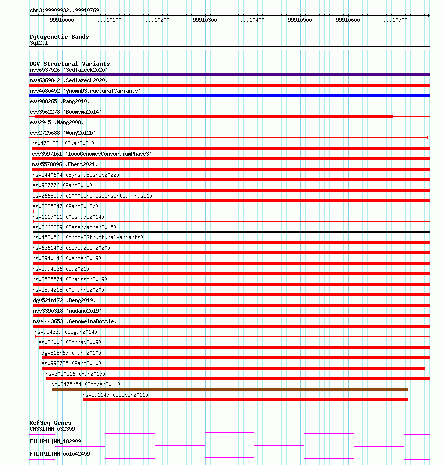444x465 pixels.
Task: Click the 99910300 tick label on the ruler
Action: (x=205, y=20)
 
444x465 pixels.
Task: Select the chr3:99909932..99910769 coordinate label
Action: (x=64, y=10)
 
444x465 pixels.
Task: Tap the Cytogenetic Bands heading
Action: (x=59, y=37)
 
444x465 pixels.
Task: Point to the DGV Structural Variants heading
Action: (x=70, y=64)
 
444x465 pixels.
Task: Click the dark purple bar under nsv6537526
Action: (x=229, y=75)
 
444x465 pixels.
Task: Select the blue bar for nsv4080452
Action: (x=229, y=96)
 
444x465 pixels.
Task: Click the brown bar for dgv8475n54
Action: (x=229, y=389)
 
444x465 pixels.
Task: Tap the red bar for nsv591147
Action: (x=245, y=400)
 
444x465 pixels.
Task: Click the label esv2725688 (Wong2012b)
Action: (x=63, y=133)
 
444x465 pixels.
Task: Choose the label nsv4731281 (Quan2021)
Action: (x=63, y=143)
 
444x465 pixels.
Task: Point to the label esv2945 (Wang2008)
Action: (x=57, y=122)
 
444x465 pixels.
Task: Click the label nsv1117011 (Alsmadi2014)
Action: (x=68, y=217)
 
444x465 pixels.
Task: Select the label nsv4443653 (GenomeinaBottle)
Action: (x=75, y=321)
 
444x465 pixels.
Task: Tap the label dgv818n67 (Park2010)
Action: (x=71, y=353)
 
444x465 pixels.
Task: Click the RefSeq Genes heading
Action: (x=50, y=423)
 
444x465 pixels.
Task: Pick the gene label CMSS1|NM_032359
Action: (x=52, y=429)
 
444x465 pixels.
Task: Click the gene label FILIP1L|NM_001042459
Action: (x=60, y=454)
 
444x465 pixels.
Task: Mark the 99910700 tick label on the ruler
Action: (x=395, y=20)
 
